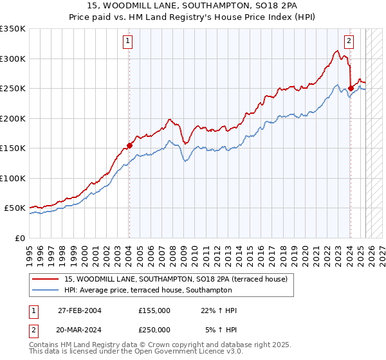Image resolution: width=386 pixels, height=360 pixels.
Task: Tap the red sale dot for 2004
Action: (x=129, y=145)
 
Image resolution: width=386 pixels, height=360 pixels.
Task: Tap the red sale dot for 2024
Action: (x=351, y=89)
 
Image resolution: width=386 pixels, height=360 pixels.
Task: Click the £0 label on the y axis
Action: (x=19, y=238)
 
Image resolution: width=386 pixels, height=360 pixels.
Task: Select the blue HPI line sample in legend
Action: (x=44, y=291)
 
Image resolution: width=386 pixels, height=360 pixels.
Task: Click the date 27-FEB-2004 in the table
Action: (x=80, y=310)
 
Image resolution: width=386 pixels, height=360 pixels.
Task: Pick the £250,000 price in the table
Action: (x=154, y=329)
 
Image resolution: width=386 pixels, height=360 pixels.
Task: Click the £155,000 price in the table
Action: (x=154, y=310)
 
